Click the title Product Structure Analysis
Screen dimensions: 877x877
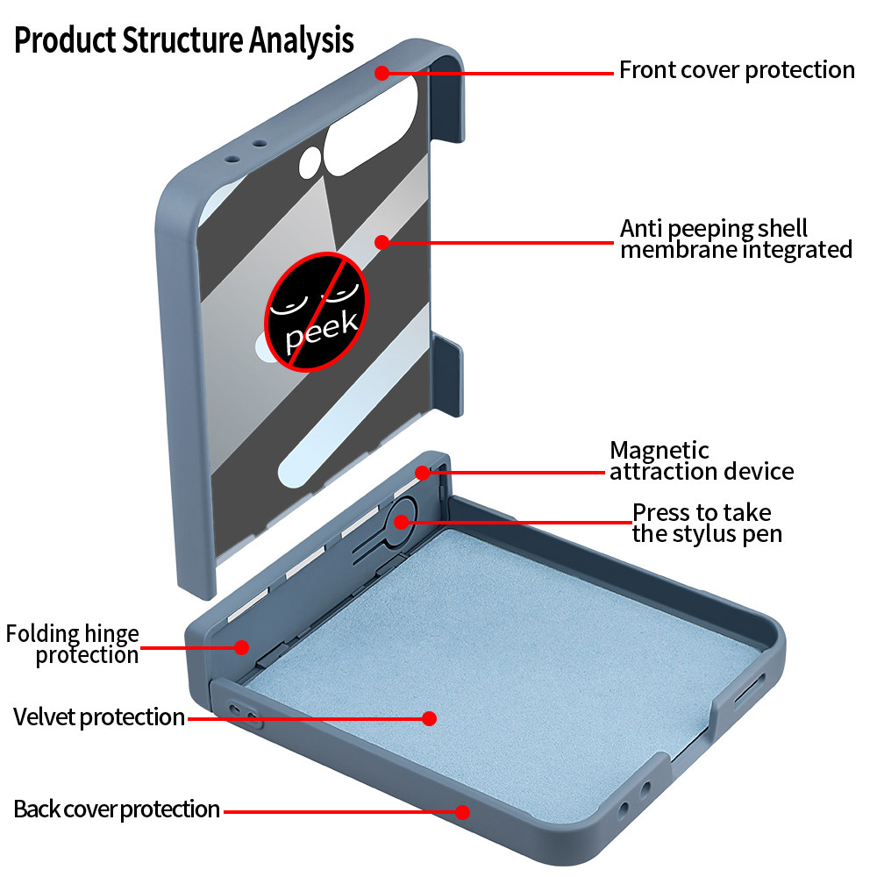[x=184, y=40]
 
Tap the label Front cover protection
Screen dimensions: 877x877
[x=737, y=70]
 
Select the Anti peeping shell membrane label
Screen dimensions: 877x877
[x=735, y=239]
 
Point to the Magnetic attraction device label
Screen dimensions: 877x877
[x=702, y=461]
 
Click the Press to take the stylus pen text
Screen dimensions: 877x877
[x=707, y=523]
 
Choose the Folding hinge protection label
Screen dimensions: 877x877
[x=73, y=644]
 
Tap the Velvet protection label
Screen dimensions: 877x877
[x=99, y=717]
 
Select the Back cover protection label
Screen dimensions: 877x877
[x=117, y=809]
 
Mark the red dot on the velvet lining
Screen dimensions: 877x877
[x=429, y=718]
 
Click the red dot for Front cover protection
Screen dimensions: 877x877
[x=382, y=73]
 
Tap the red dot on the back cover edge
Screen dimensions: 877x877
[x=463, y=811]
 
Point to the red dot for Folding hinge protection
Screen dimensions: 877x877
[x=241, y=647]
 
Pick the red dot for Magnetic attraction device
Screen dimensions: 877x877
[x=423, y=473]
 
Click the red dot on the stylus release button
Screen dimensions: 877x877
[x=401, y=522]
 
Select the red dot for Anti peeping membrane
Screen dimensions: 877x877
[x=381, y=241]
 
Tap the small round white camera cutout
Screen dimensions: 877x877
[x=310, y=162]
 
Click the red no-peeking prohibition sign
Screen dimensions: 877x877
[x=317, y=309]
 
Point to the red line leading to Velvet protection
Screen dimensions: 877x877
[x=307, y=718]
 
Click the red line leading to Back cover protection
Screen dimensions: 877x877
[x=342, y=811]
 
